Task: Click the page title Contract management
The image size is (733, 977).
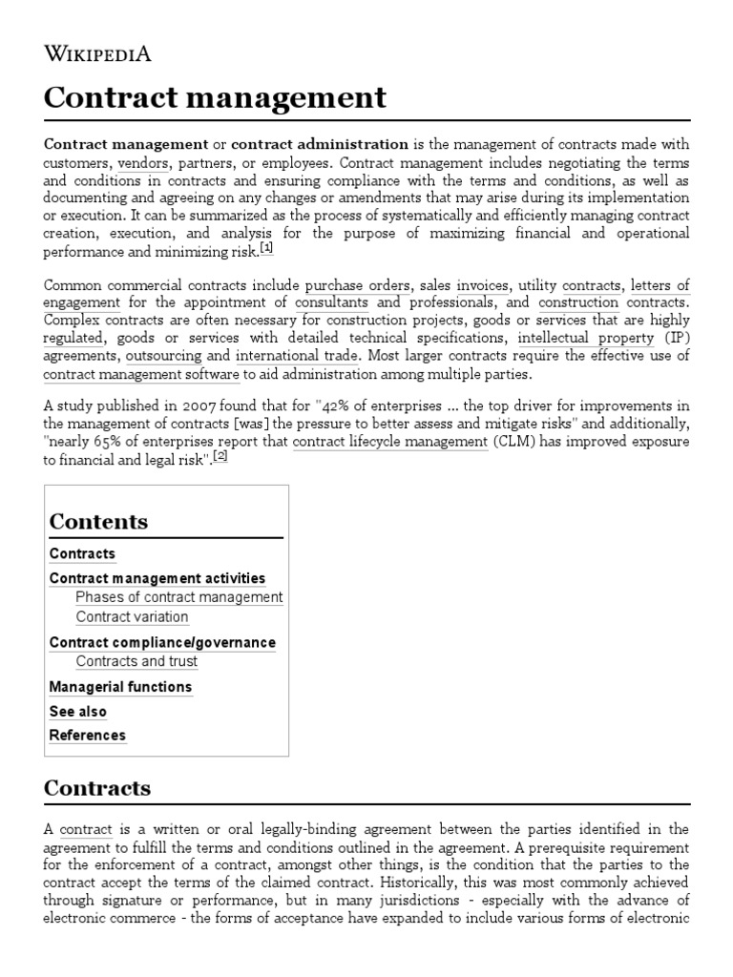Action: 215,97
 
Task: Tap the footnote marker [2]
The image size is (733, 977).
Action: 220,456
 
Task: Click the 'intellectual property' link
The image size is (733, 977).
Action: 586,338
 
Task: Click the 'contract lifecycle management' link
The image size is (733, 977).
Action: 389,442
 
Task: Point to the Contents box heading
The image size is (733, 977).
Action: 98,521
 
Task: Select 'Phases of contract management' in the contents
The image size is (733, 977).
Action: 179,597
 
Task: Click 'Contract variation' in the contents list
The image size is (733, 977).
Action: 132,616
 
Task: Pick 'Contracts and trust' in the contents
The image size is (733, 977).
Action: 136,661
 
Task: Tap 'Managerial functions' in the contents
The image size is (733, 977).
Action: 120,687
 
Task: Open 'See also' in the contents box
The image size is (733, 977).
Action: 78,712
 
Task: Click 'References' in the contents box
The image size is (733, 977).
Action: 87,736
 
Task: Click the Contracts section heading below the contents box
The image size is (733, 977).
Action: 97,788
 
